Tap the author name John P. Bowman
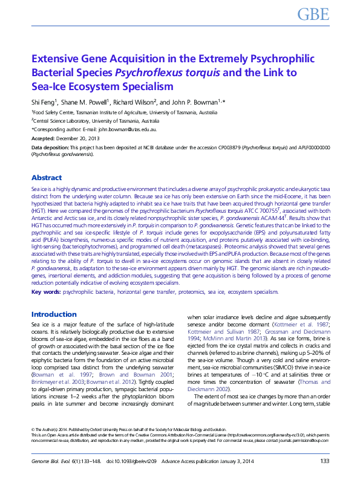click(x=205, y=102)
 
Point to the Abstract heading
click(x=47, y=178)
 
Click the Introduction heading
click(x=54, y=314)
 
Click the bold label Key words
click(x=45, y=293)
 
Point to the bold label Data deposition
click(x=50, y=148)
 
